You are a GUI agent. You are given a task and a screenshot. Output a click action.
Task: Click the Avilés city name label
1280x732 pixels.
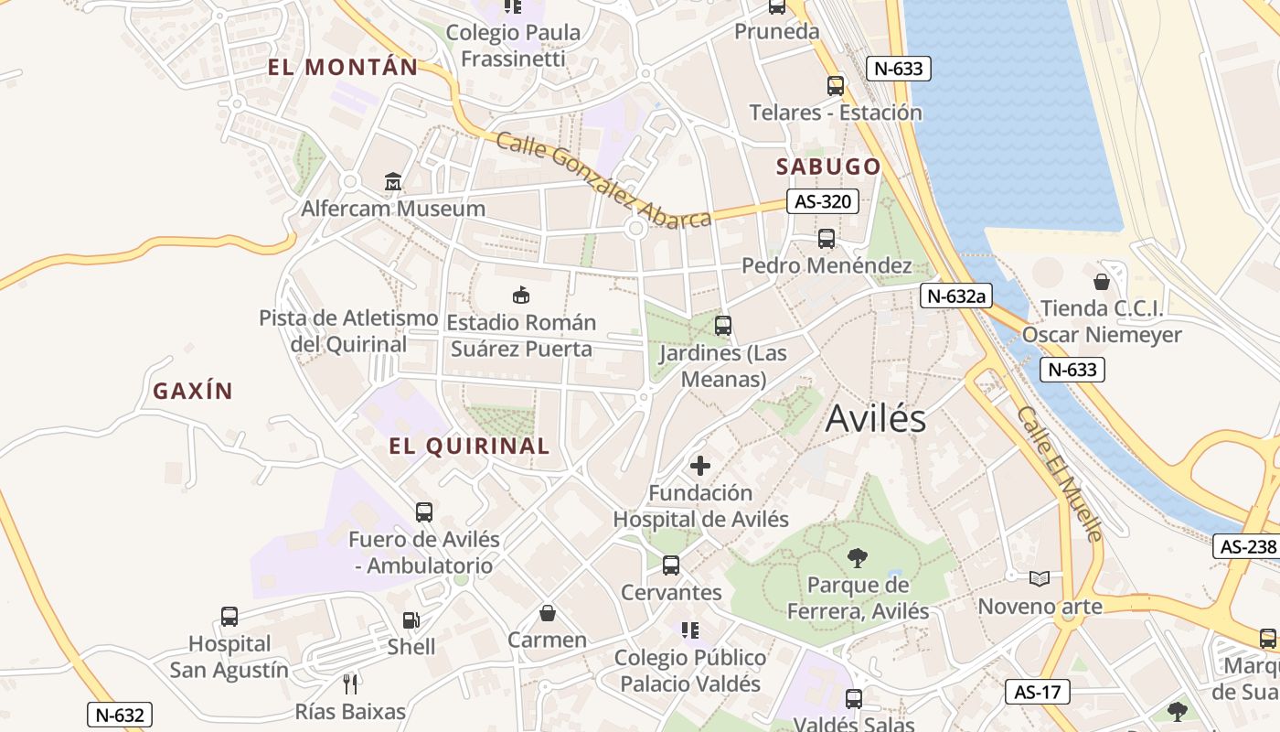tap(875, 419)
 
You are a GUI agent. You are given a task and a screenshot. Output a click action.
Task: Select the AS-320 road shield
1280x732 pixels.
tap(823, 202)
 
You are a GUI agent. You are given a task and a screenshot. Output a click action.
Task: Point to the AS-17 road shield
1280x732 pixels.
tap(1038, 692)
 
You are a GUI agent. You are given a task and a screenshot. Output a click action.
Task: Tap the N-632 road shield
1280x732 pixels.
tap(119, 715)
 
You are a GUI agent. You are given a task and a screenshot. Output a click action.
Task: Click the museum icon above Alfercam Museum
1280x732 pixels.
tap(393, 182)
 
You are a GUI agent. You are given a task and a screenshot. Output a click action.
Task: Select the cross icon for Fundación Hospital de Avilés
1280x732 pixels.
tap(700, 466)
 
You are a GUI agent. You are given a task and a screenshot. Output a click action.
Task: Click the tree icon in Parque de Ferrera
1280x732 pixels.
tap(857, 557)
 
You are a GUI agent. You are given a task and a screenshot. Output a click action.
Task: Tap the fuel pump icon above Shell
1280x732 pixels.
tap(411, 619)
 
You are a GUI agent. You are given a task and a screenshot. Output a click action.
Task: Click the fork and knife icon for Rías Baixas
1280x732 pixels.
tap(350, 684)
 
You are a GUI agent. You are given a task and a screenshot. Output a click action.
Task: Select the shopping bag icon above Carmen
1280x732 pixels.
tap(547, 612)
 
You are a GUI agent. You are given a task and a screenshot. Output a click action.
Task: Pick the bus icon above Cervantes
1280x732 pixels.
tap(671, 565)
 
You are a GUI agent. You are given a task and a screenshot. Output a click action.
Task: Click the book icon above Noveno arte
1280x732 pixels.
tap(1040, 578)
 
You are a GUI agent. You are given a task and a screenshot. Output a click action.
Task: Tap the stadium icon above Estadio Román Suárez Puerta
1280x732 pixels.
tap(521, 295)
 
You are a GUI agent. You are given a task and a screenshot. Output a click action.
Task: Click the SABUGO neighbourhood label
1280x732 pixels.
tap(828, 167)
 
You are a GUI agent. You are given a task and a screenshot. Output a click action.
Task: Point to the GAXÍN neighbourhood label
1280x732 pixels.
tap(193, 392)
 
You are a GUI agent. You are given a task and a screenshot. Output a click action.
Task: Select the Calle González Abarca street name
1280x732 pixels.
tap(603, 180)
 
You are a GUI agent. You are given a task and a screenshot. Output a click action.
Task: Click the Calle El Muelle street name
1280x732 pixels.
tap(1061, 473)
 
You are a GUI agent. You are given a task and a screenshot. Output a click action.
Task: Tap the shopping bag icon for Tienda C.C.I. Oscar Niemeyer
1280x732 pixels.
tap(1102, 281)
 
